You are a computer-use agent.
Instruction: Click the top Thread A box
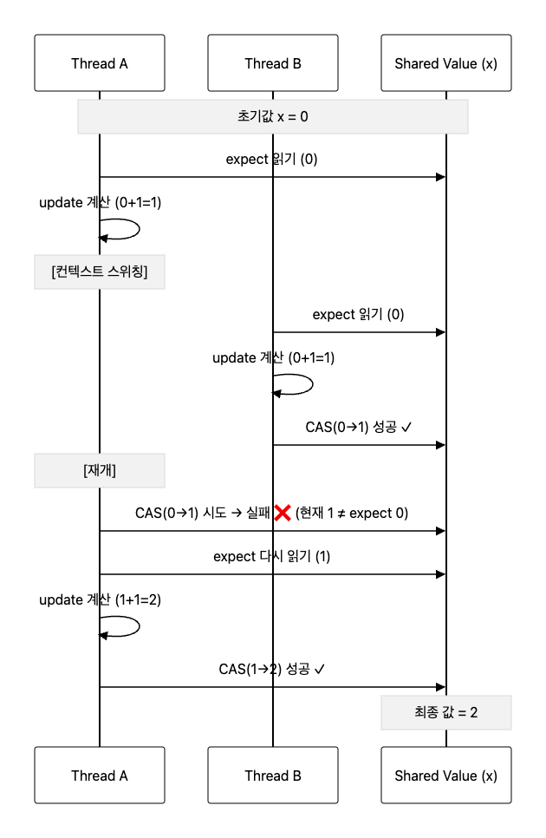(x=100, y=63)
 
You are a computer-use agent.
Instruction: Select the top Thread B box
(x=273, y=63)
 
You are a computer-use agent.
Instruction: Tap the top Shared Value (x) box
(x=446, y=63)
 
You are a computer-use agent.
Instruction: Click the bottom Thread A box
(x=100, y=776)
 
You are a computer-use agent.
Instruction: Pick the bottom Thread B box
(x=273, y=776)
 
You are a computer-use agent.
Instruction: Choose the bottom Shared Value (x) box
(x=446, y=776)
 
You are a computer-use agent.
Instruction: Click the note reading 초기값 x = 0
(x=273, y=116)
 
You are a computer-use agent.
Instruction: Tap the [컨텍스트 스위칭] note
(x=100, y=272)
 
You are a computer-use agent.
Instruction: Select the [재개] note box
(x=100, y=471)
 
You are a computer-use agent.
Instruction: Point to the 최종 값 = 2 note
(x=446, y=712)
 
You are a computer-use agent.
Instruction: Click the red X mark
(x=282, y=513)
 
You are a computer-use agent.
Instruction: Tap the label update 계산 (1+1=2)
(x=101, y=600)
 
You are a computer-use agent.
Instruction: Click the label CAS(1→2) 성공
(x=272, y=669)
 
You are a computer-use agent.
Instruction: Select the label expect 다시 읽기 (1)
(x=272, y=556)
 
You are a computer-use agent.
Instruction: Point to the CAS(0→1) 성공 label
(x=359, y=427)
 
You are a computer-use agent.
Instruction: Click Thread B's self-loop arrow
(x=295, y=384)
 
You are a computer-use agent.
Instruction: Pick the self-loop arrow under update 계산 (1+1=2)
(x=121, y=626)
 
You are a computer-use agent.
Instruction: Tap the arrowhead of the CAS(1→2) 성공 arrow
(x=441, y=687)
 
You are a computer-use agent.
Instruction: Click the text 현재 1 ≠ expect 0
(x=352, y=513)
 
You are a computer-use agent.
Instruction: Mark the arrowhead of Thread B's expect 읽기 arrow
(x=441, y=332)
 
